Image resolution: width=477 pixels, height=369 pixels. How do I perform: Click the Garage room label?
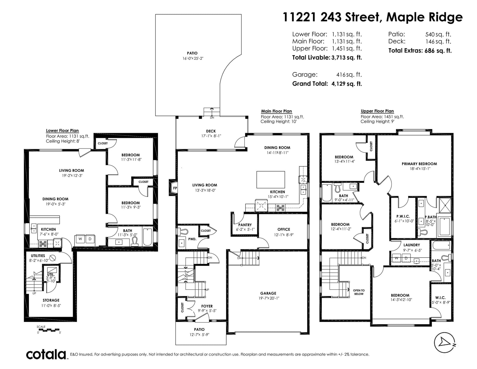(268, 293)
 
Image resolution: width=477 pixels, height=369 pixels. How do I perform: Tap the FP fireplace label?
(175, 188)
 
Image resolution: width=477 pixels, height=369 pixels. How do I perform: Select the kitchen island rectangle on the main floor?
(270, 180)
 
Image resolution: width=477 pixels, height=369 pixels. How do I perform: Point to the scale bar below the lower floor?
(48, 330)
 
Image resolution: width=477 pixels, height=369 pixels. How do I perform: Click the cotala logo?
(46, 354)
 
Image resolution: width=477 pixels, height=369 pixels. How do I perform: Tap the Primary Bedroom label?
(419, 164)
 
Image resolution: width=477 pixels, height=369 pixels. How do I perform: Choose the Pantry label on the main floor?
(245, 225)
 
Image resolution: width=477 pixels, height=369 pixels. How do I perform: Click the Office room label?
(284, 229)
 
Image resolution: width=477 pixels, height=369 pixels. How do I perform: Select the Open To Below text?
(359, 292)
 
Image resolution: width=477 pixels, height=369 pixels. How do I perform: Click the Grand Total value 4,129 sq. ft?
(347, 84)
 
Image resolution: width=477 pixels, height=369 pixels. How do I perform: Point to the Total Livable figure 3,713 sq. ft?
(347, 58)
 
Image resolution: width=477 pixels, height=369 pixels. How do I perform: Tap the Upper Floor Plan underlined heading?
(377, 111)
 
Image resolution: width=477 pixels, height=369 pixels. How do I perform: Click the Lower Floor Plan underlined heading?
(62, 131)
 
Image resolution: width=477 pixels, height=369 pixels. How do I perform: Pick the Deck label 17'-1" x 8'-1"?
(211, 134)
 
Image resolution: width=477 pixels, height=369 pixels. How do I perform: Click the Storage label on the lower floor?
(51, 300)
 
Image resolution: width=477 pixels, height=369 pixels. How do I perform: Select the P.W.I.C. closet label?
(403, 216)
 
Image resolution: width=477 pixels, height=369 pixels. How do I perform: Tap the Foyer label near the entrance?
(207, 306)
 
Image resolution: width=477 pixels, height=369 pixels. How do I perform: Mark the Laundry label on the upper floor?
(412, 245)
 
